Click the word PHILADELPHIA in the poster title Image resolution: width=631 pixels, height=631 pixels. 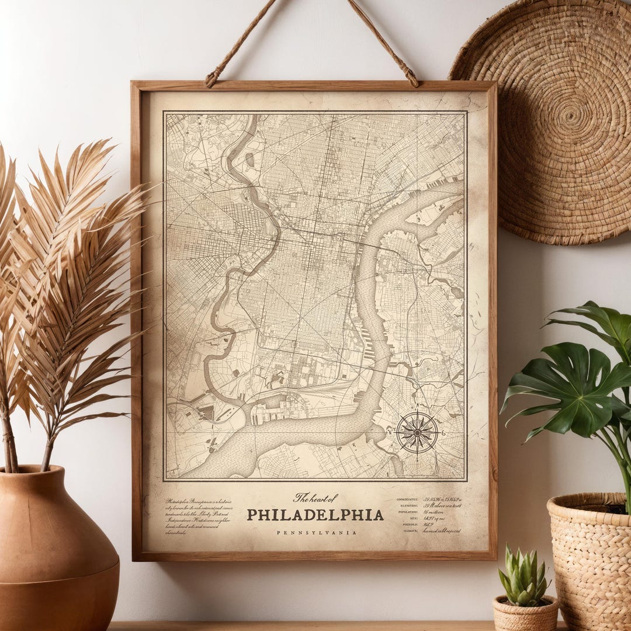tap(315, 515)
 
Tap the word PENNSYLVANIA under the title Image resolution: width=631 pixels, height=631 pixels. tap(316, 533)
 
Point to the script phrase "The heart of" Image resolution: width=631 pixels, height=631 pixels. tap(315, 498)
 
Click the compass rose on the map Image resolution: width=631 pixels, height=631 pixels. tap(417, 433)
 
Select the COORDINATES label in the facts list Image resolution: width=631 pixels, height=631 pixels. tap(407, 500)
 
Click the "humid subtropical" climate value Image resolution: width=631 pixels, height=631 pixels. tap(442, 531)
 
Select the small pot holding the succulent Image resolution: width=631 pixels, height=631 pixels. tap(524, 613)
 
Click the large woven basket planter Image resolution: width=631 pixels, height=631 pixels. tap(590, 561)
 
